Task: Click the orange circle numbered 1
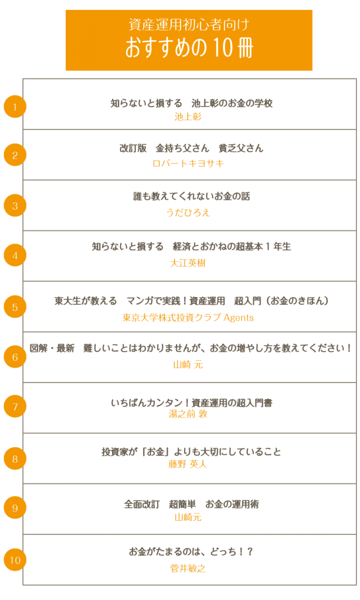tap(15, 107)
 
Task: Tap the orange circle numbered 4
tap(15, 255)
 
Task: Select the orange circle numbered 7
tap(15, 407)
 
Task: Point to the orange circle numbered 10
tap(15, 560)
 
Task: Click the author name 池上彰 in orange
tap(188, 117)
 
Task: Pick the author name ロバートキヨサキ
tap(188, 163)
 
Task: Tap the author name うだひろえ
tap(188, 212)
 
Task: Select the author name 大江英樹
tap(188, 263)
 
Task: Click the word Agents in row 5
tap(238, 318)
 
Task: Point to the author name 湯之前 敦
tap(188, 414)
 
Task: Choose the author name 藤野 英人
tap(188, 464)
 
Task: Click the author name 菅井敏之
tap(188, 568)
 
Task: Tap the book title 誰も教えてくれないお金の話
tap(192, 196)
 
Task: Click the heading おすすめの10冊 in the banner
tap(189, 47)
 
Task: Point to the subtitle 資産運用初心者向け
tap(189, 25)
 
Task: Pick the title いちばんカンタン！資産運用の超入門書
tap(192, 403)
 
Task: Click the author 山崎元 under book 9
tap(188, 517)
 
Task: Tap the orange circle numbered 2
tap(15, 155)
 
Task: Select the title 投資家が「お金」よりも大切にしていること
tap(191, 452)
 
